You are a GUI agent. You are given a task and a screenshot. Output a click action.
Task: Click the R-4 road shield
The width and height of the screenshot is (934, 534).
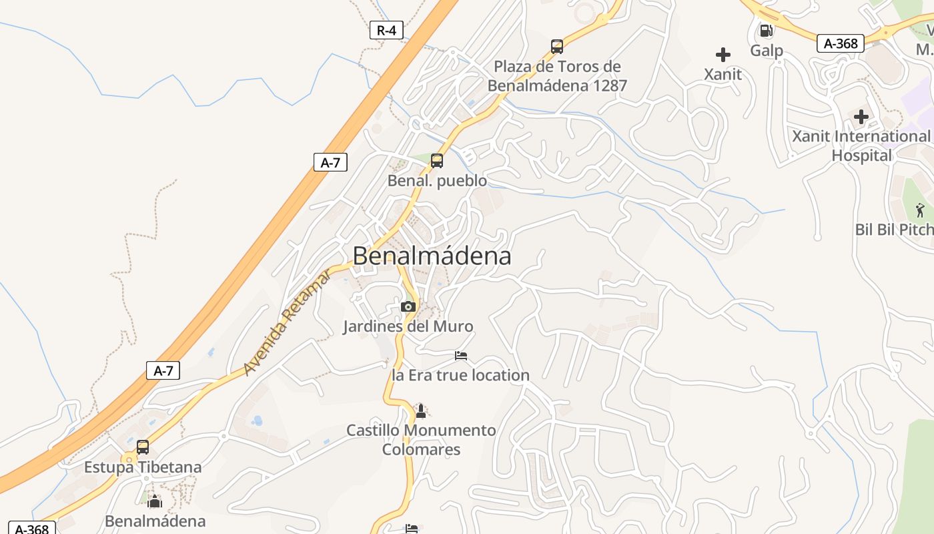click(x=386, y=30)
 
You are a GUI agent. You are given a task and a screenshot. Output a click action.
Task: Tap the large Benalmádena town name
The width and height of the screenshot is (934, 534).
click(x=432, y=256)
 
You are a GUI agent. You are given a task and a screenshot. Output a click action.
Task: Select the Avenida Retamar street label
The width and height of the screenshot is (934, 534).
click(x=287, y=322)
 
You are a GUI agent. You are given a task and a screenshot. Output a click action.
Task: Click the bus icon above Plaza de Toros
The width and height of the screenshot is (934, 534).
click(x=557, y=47)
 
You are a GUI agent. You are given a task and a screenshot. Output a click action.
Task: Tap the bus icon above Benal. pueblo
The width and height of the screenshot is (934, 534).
click(x=437, y=161)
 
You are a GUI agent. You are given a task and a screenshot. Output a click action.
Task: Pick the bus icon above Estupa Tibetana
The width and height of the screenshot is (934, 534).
click(x=143, y=447)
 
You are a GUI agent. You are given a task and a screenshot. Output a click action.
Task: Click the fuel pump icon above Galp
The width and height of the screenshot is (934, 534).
click(x=767, y=31)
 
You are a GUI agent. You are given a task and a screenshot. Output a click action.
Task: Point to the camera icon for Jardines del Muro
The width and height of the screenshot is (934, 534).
click(x=408, y=307)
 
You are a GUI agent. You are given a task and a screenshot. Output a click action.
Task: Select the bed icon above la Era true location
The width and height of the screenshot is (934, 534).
click(x=461, y=356)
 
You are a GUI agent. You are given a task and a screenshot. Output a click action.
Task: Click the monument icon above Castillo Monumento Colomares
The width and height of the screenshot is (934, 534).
click(x=420, y=410)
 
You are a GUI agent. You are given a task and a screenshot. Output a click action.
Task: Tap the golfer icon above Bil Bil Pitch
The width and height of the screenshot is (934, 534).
click(x=920, y=210)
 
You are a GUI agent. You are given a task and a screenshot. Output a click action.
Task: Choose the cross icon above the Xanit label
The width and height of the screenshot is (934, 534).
click(x=723, y=55)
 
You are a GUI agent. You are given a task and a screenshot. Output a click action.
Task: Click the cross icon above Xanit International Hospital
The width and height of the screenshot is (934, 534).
click(x=861, y=117)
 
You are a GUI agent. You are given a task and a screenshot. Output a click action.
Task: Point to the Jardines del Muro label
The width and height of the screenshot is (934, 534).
click(x=408, y=326)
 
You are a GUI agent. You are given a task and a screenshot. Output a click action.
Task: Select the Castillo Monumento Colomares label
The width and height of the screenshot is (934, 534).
click(x=421, y=440)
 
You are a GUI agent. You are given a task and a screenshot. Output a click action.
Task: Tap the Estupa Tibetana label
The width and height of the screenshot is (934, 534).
click(x=143, y=467)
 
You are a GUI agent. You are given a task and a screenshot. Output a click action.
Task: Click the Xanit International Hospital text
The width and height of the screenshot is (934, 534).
click(x=861, y=146)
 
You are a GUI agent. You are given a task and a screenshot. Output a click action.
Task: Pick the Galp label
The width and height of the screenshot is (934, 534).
click(x=767, y=51)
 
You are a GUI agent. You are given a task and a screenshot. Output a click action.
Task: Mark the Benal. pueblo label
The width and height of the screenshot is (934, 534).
click(x=437, y=181)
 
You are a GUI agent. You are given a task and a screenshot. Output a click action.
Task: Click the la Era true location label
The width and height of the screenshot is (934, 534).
click(x=461, y=375)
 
